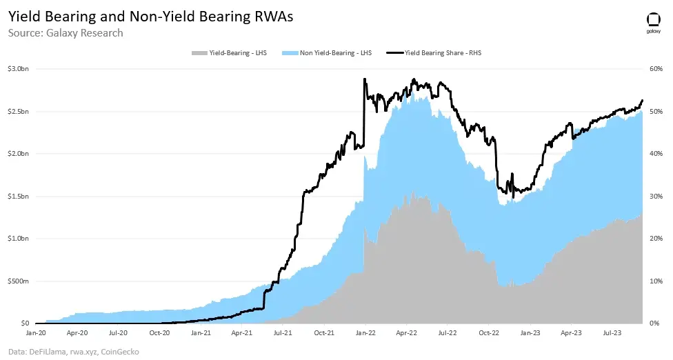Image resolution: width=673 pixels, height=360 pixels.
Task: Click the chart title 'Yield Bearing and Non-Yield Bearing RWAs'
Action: coord(150,17)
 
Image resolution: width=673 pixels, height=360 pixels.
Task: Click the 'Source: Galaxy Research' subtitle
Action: coord(66,33)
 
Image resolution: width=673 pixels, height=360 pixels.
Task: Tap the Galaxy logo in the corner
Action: coord(653,22)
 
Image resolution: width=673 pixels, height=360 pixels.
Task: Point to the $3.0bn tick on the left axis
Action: coord(17,69)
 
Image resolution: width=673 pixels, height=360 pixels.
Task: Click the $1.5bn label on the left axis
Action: coord(17,196)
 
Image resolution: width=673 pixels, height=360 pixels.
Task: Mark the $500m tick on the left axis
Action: coord(17,281)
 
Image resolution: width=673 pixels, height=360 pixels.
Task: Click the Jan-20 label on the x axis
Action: coord(36,332)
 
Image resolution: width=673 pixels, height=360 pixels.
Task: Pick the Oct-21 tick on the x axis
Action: coord(324,332)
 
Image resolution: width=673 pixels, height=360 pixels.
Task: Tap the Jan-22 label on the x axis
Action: coord(365,332)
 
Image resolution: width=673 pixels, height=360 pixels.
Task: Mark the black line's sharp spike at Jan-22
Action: coord(364,79)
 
